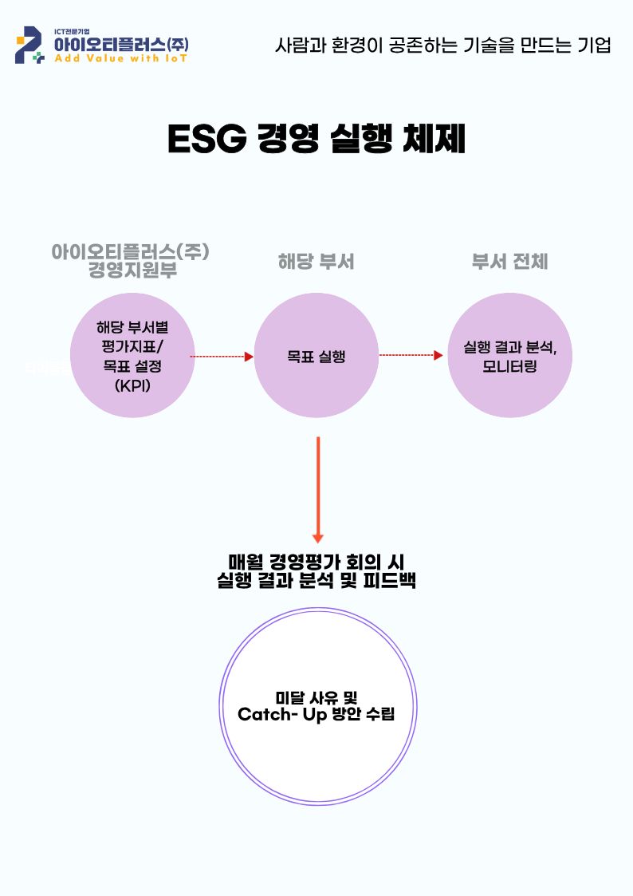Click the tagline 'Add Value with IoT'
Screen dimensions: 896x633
click(x=120, y=60)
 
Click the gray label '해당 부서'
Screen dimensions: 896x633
click(x=316, y=262)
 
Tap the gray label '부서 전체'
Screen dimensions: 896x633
click(x=509, y=262)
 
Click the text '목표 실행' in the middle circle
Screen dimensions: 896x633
click(x=316, y=357)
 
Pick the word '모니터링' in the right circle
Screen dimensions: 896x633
click(x=510, y=367)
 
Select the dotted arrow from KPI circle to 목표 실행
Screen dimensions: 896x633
click(x=221, y=357)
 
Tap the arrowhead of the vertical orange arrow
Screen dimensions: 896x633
click(x=318, y=538)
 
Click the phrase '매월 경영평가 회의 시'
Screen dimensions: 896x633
click(x=316, y=562)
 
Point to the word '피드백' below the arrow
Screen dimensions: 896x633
click(x=392, y=581)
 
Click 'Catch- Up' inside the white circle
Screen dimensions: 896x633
click(x=278, y=713)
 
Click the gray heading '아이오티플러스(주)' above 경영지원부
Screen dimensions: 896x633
click(x=130, y=251)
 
